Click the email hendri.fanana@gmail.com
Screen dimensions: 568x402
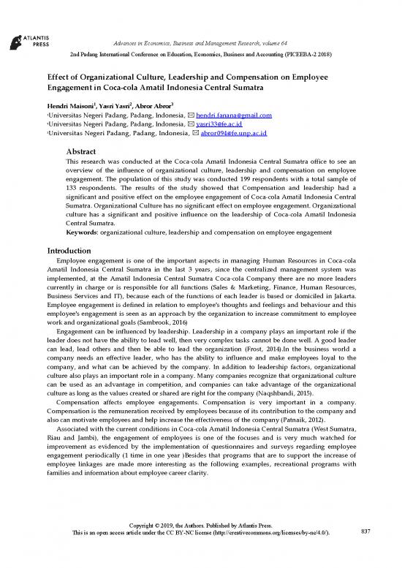[230, 116]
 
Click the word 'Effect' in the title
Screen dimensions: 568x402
[63, 76]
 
